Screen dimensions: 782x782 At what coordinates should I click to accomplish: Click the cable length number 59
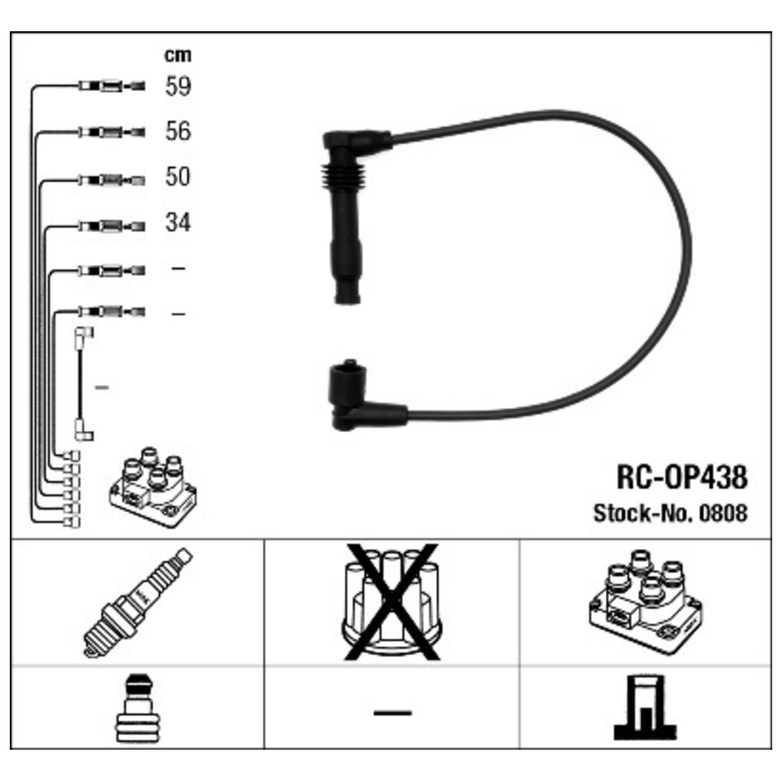(x=178, y=86)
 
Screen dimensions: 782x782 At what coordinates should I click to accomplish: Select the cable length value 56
(x=178, y=131)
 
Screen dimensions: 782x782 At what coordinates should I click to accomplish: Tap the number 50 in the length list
(x=178, y=177)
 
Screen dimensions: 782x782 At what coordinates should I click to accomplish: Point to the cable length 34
(x=178, y=223)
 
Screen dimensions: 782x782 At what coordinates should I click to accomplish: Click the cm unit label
(x=178, y=55)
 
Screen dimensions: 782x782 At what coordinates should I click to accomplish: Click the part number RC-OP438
(x=681, y=477)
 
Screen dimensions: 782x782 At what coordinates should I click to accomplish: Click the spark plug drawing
(x=137, y=602)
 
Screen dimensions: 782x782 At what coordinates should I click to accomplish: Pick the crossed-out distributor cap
(x=392, y=602)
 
